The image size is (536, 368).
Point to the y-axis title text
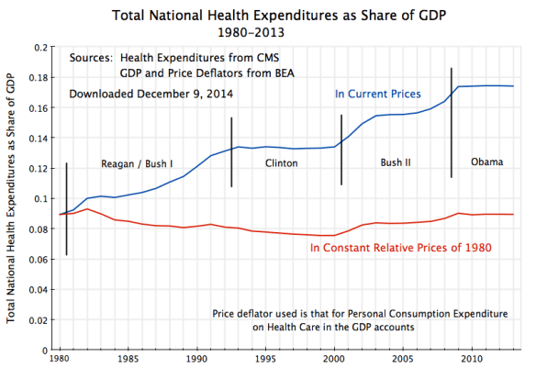click(12, 197)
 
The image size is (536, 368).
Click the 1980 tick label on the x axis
click(61, 358)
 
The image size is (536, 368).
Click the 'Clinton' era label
click(281, 164)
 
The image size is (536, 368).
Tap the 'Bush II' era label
click(395, 163)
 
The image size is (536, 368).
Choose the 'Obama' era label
click(486, 162)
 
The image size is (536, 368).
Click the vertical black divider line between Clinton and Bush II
click(341, 150)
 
